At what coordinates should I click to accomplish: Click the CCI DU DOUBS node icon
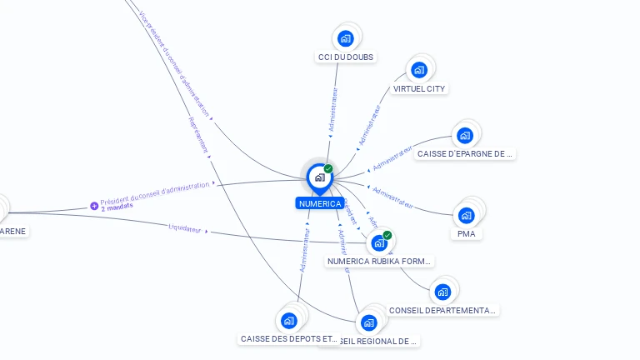pos(345,38)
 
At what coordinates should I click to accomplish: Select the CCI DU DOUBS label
pos(346,57)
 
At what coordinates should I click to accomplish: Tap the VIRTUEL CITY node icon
pos(419,70)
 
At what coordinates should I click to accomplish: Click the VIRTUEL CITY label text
pos(419,88)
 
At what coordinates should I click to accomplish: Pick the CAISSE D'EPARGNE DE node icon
pos(465,135)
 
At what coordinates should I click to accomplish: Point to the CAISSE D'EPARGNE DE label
pos(466,154)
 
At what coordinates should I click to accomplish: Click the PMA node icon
pos(467,215)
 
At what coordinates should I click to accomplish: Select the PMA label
pos(467,234)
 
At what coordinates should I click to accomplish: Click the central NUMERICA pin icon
pos(319,177)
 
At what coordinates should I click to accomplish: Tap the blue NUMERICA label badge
pos(319,203)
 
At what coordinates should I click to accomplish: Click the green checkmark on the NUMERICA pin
pos(328,169)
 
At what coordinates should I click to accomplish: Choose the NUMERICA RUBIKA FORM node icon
pos(379,243)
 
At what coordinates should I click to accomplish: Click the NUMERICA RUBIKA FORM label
pos(380,262)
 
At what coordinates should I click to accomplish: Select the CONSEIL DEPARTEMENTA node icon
pos(442,292)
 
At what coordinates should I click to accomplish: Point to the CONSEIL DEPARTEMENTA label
pos(442,310)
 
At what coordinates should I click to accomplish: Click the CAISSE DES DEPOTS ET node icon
pos(288,320)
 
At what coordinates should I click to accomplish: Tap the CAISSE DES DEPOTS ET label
pos(289,339)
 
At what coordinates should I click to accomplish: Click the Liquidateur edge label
pos(185,227)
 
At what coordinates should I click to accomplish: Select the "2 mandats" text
pos(117,207)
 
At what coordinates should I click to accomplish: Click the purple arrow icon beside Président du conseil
pos(94,206)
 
